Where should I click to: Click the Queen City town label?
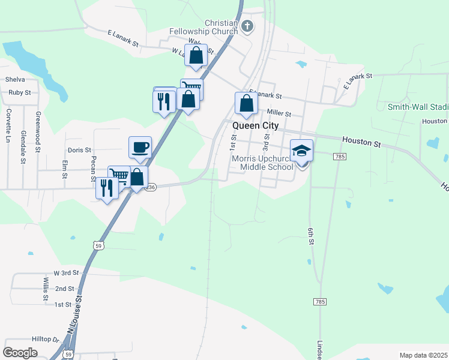(255, 125)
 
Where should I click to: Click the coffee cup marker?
(140, 147)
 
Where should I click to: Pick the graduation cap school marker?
(301, 151)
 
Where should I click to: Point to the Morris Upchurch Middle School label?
(262, 162)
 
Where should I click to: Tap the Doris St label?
(79, 150)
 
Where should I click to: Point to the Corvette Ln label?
(8, 125)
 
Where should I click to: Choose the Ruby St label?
(20, 92)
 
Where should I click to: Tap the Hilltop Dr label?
(48, 339)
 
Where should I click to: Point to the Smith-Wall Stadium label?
(418, 107)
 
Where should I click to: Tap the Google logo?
(20, 352)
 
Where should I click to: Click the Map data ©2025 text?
(422, 355)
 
